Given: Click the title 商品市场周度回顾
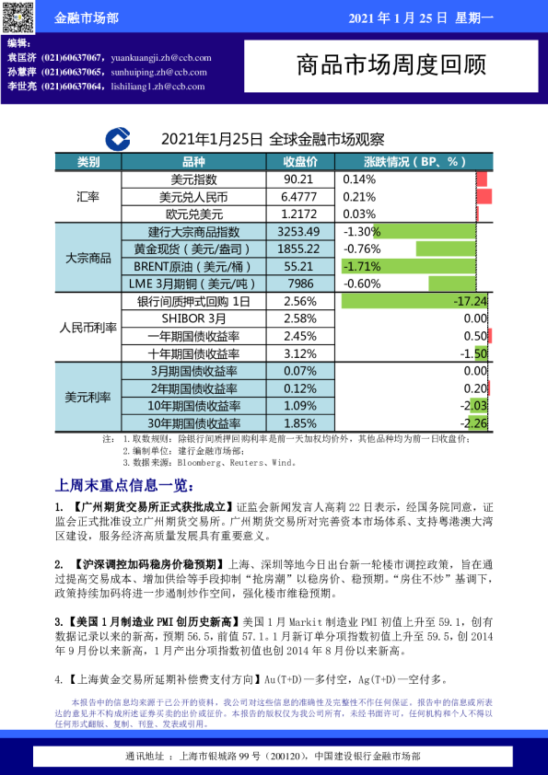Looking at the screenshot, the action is [391, 65].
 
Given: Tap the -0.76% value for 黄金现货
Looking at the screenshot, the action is [361, 249].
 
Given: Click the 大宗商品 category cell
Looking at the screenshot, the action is [88, 258].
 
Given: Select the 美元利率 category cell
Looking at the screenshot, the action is [88, 397].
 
